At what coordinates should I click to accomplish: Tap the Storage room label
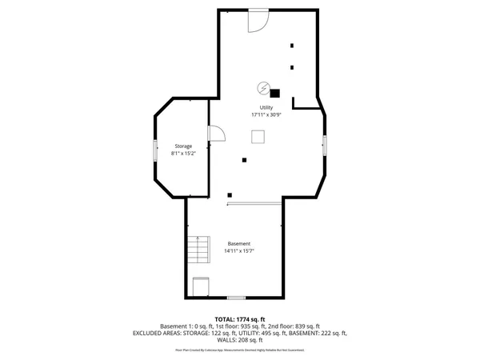[x=184, y=146]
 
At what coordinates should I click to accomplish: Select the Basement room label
[x=239, y=243]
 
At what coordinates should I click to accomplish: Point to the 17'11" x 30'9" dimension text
[x=266, y=115]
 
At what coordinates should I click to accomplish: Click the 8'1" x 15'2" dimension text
[x=184, y=153]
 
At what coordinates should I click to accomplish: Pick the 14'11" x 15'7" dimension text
[x=239, y=251]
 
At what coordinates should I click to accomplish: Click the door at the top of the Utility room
[x=258, y=21]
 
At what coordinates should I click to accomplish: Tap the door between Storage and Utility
[x=214, y=134]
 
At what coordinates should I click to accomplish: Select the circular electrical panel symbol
[x=263, y=87]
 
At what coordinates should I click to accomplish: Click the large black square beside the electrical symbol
[x=275, y=93]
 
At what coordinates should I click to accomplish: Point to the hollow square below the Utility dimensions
[x=258, y=137]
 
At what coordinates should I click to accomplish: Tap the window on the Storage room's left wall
[x=156, y=150]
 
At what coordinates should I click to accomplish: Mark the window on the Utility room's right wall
[x=324, y=145]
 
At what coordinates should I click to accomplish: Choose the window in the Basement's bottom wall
[x=236, y=298]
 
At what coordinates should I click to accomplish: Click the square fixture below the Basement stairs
[x=202, y=286]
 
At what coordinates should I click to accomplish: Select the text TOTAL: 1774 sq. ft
[x=239, y=319]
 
